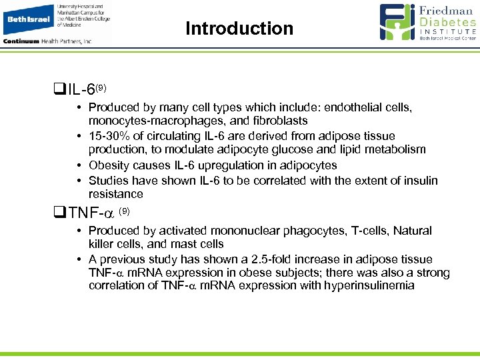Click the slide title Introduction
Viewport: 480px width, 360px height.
(239, 29)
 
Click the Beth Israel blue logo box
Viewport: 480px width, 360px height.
(28, 19)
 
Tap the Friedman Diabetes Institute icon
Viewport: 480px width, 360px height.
(398, 23)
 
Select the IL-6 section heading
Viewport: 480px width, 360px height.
(87, 89)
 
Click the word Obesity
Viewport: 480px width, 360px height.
(109, 165)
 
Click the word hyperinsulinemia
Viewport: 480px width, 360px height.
(359, 285)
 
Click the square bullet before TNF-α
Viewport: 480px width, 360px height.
(59, 214)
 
